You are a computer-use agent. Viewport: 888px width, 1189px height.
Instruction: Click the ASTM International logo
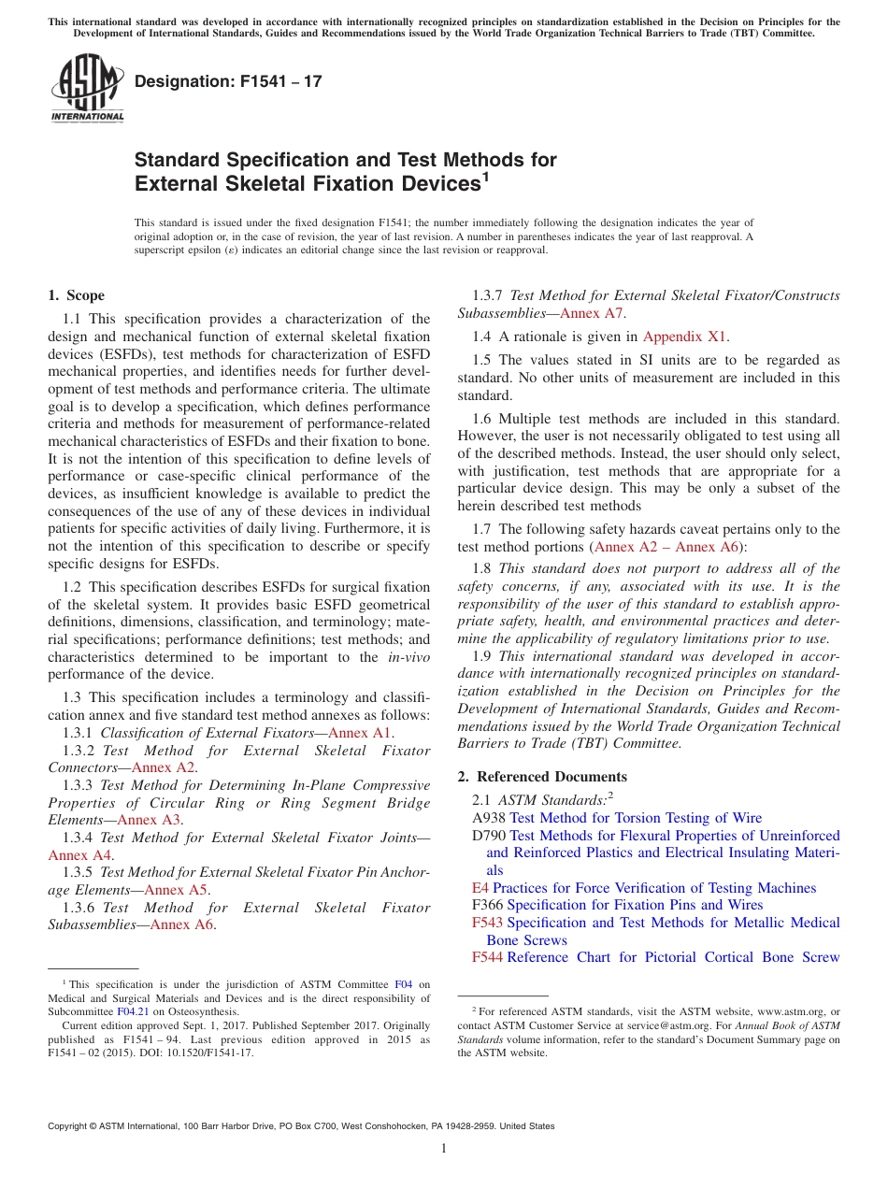tap(87, 89)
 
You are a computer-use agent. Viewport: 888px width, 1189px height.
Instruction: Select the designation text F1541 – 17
tap(228, 81)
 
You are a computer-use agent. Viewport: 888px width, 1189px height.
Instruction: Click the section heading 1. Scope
tap(76, 295)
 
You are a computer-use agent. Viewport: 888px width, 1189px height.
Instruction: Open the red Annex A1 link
tap(361, 733)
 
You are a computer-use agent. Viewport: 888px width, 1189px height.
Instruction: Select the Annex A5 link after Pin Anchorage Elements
tap(177, 890)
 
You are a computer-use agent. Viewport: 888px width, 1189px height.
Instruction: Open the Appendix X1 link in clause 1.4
tap(685, 337)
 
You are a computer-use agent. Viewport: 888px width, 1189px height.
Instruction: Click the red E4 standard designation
tap(480, 888)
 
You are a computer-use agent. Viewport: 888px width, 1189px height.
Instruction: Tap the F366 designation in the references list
tap(488, 905)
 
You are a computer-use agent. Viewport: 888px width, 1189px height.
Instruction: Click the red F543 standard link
tap(488, 923)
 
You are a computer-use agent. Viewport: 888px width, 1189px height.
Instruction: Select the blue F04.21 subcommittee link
tap(130, 1011)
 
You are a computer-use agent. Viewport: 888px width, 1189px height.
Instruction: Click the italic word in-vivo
tap(408, 657)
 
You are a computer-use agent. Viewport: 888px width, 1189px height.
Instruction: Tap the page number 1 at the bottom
tap(444, 1149)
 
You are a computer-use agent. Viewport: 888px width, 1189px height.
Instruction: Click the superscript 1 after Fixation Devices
tap(485, 177)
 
